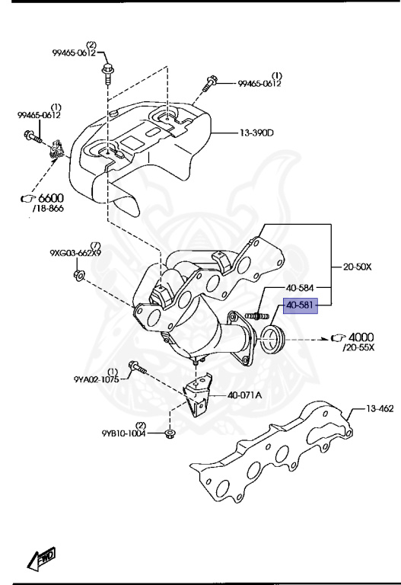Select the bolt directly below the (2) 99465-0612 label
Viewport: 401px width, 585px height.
coord(107,74)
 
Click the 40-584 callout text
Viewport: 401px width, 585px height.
coord(301,288)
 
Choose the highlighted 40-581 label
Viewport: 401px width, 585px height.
coord(301,306)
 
